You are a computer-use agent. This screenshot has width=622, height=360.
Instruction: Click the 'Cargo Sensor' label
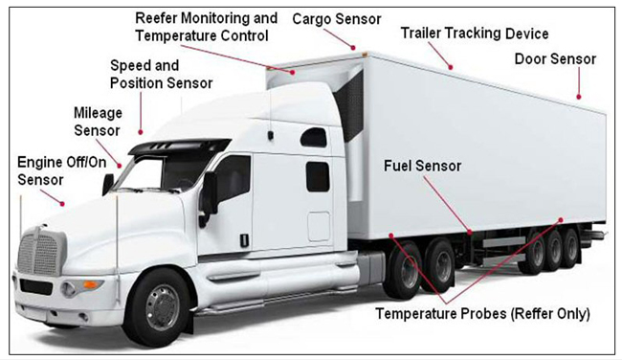pyautogui.click(x=337, y=19)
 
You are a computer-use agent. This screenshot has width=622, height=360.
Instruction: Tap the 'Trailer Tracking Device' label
pyautogui.click(x=475, y=34)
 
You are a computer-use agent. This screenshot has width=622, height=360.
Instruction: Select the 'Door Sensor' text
pyautogui.click(x=555, y=59)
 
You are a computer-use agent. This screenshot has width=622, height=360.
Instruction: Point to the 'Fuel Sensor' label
pyautogui.click(x=422, y=166)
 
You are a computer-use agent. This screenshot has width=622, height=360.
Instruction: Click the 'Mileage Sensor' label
pyautogui.click(x=98, y=122)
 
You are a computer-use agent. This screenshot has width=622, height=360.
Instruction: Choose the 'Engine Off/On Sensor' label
pyautogui.click(x=62, y=171)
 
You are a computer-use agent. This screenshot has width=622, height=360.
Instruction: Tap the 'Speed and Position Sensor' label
pyautogui.click(x=161, y=75)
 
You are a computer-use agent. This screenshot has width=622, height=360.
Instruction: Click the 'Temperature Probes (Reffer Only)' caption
pyautogui.click(x=482, y=314)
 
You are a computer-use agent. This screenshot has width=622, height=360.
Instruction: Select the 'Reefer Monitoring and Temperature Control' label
pyautogui.click(x=207, y=27)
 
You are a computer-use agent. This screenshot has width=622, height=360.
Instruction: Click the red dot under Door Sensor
pyautogui.click(x=578, y=97)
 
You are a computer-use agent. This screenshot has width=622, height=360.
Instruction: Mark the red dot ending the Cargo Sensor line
pyautogui.click(x=353, y=48)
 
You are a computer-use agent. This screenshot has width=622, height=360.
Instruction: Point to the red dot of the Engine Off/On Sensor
pyautogui.click(x=62, y=204)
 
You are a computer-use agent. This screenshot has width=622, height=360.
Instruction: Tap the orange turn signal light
pyautogui.click(x=92, y=284)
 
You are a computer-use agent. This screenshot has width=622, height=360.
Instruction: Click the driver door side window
pyautogui.click(x=234, y=179)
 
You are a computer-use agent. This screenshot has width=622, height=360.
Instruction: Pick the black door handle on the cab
pyautogui.click(x=245, y=239)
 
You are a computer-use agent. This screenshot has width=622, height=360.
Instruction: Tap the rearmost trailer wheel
pyautogui.click(x=570, y=249)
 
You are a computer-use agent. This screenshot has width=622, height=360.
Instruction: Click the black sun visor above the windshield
pyautogui.click(x=179, y=146)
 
